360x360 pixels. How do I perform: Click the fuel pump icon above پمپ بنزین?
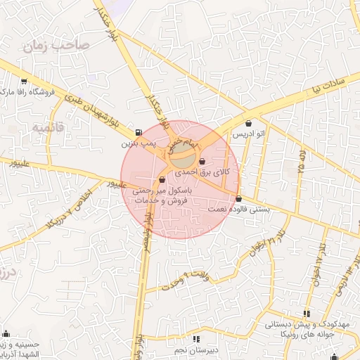[x=137, y=131]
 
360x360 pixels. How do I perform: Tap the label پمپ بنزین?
[x=137, y=143]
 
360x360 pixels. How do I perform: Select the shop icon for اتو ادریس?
[x=249, y=124]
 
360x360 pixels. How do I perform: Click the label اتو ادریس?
[x=249, y=134]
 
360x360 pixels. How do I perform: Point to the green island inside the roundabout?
[x=184, y=149]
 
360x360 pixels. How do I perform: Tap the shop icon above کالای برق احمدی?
[x=202, y=162]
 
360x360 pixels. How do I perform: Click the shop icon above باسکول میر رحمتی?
[x=162, y=179]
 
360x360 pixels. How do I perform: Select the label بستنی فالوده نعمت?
[x=239, y=209]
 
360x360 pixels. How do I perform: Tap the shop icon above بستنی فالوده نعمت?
[x=239, y=198]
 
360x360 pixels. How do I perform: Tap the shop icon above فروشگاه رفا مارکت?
[x=25, y=81]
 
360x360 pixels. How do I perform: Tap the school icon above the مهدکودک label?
[x=306, y=314]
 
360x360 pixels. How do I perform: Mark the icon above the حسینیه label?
[x=6, y=333]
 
